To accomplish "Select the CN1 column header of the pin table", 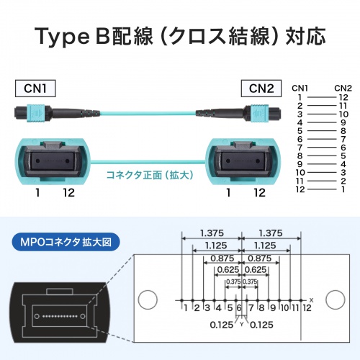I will (x=300, y=88).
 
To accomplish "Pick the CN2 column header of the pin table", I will (x=343, y=88).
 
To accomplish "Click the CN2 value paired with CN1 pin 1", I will (x=343, y=97).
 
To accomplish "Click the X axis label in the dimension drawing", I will (x=311, y=298).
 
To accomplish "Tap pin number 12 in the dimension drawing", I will (x=307, y=308).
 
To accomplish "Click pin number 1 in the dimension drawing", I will (x=186, y=308).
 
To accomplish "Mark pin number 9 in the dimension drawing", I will (x=272, y=308).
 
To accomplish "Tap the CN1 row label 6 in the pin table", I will (x=300, y=139).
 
